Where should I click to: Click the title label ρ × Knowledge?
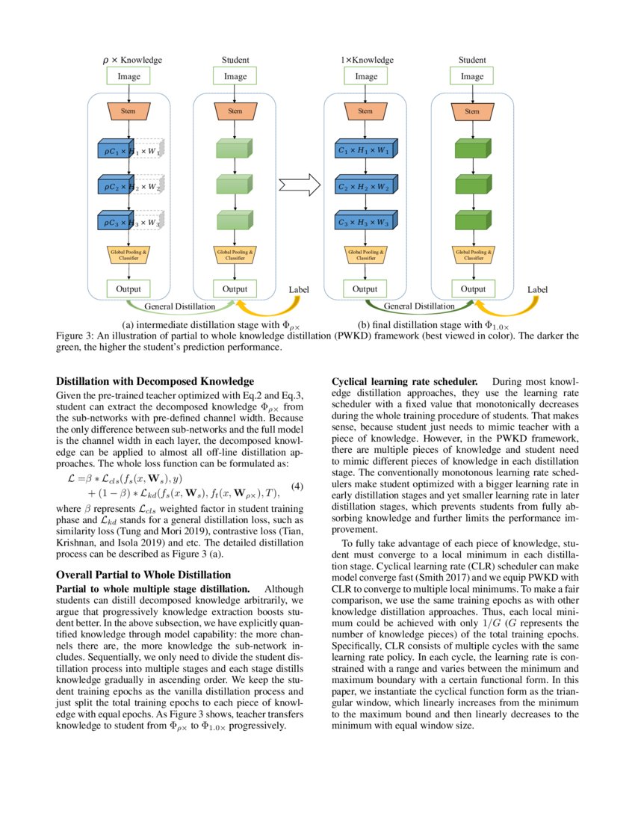131,60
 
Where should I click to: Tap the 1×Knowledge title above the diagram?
366,60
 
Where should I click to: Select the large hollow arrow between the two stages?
298,185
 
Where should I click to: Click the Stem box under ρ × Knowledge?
130,111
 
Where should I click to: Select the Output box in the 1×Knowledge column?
365,289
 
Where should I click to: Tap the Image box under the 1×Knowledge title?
366,76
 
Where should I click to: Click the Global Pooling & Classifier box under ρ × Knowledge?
130,255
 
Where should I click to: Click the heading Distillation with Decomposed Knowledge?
155,381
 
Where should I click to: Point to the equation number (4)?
296,486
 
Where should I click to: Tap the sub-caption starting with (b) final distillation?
433,325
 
